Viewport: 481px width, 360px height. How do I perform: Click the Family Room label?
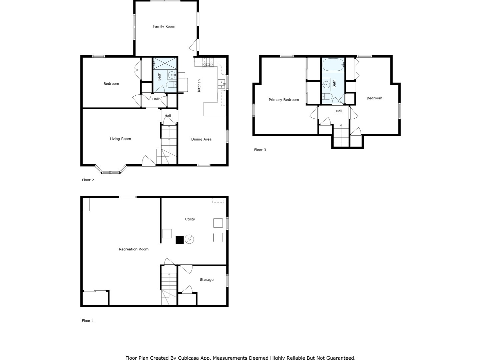[x=164, y=26]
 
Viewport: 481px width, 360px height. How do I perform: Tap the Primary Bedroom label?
[x=284, y=100]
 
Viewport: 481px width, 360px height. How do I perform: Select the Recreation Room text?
[x=133, y=249]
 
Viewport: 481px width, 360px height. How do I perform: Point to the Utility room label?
[x=190, y=219]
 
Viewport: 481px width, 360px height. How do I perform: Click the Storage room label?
[x=206, y=280]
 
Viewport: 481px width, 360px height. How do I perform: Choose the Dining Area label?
[x=201, y=139]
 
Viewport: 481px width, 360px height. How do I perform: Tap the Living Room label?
[x=120, y=139]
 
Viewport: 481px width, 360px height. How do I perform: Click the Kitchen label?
[x=199, y=86]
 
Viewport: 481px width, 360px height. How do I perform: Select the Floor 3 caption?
[x=260, y=150]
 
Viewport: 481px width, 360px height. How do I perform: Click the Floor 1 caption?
[x=88, y=321]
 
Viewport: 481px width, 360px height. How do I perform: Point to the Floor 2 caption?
[x=88, y=180]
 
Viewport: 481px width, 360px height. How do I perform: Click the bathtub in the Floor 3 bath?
[x=333, y=64]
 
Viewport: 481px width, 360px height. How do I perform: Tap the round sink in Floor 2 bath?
[x=172, y=75]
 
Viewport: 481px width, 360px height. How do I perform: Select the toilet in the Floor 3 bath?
[x=327, y=97]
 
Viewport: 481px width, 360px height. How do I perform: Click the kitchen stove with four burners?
[x=207, y=62]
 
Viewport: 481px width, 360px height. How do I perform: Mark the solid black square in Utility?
[x=180, y=240]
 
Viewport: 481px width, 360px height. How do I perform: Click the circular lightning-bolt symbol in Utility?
[x=189, y=239]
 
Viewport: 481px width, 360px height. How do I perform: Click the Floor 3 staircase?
[x=341, y=135]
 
